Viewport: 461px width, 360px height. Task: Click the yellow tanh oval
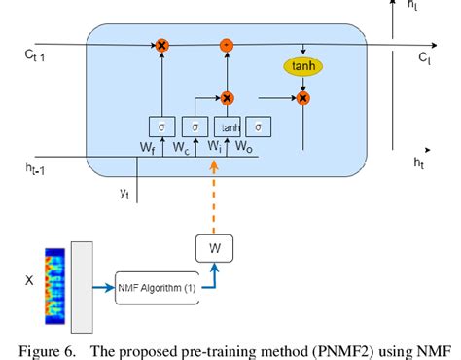tap(304, 66)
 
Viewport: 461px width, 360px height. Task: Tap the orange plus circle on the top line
tap(227, 45)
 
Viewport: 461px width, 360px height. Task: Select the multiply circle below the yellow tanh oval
tap(304, 98)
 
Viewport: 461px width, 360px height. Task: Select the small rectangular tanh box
tap(230, 126)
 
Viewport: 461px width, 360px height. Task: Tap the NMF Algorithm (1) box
tap(153, 288)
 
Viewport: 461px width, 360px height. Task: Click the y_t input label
tap(124, 194)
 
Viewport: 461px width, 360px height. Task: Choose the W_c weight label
tap(182, 149)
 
